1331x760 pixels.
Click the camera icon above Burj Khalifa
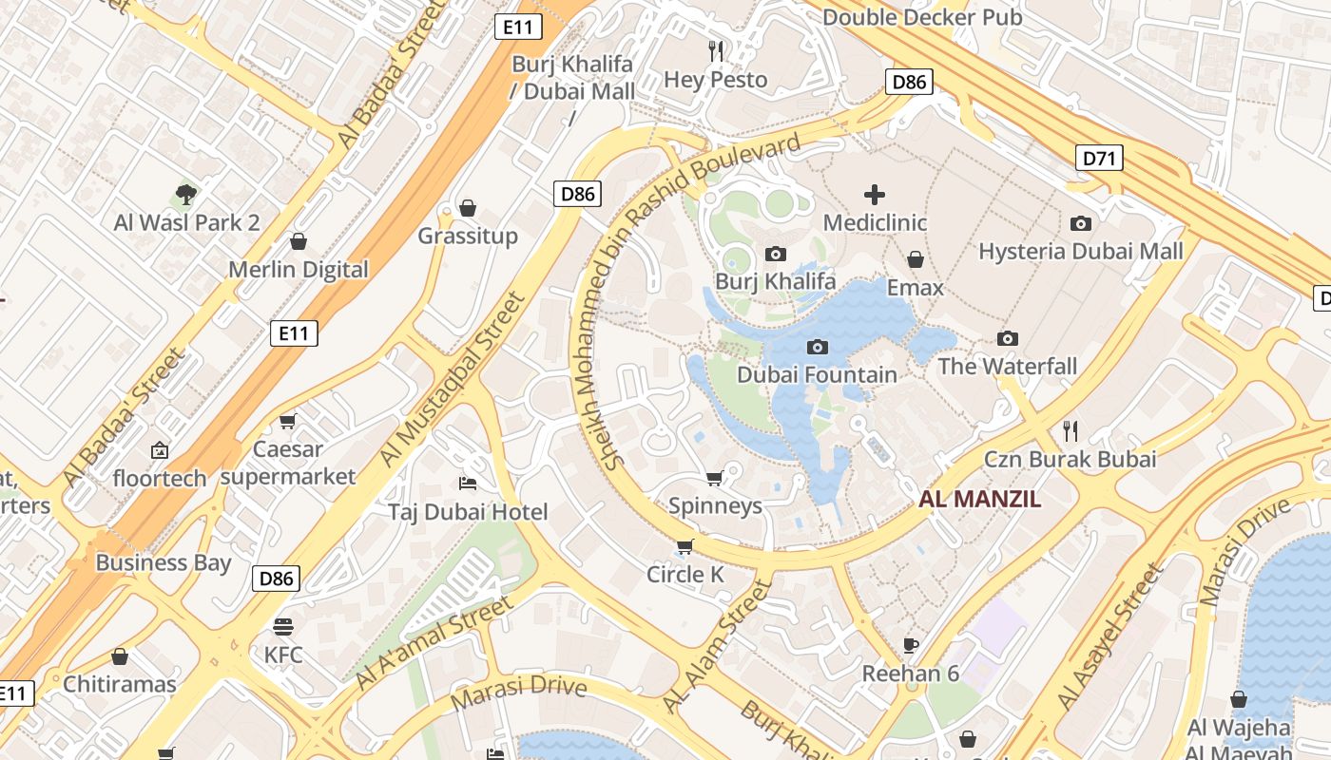tap(776, 254)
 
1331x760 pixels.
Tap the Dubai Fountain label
tap(817, 374)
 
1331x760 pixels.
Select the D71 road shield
tap(1099, 158)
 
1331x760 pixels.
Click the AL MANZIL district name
tap(980, 499)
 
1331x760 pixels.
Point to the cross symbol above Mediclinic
tap(875, 195)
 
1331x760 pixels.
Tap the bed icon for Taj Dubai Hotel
tap(467, 484)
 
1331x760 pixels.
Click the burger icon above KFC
tap(282, 626)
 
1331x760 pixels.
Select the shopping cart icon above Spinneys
tap(715, 477)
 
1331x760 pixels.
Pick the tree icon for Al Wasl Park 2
tap(186, 195)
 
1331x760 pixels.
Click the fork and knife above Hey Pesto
tap(716, 49)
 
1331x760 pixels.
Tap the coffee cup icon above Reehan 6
tap(911, 645)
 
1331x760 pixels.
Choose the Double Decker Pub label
tap(922, 17)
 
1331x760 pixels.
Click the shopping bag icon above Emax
tap(916, 259)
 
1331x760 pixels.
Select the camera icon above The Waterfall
tap(1008, 338)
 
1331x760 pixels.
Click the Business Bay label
tap(164, 562)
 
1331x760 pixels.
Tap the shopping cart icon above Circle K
tap(685, 546)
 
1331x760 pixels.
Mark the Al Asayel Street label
tap(1110, 637)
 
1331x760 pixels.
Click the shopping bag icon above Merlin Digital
tap(299, 241)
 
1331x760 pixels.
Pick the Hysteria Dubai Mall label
tap(1081, 252)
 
